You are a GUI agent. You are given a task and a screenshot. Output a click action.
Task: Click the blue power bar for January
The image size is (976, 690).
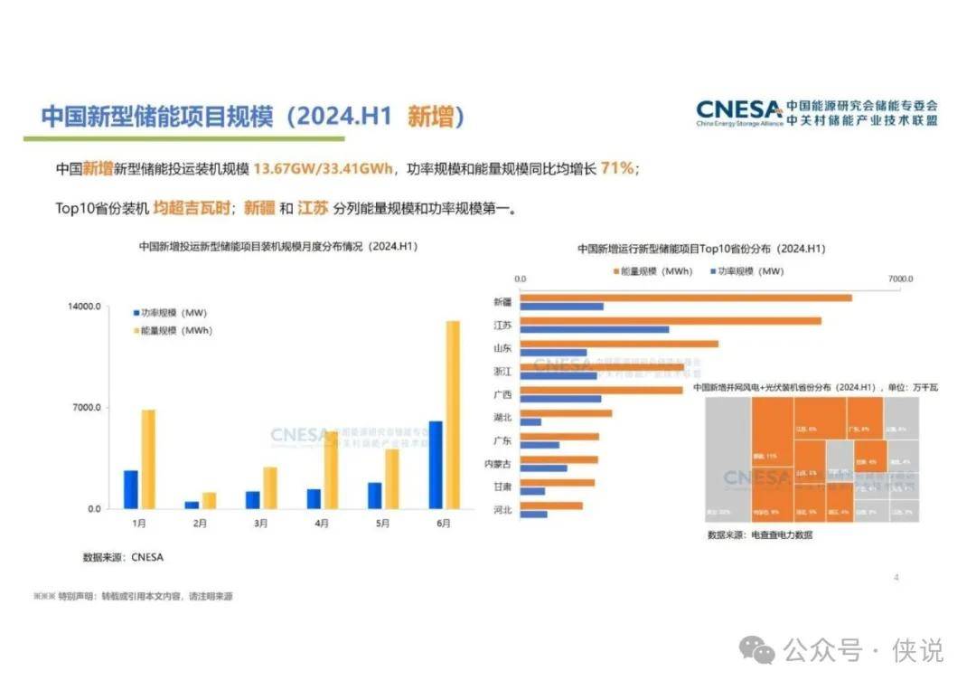[x=131, y=489]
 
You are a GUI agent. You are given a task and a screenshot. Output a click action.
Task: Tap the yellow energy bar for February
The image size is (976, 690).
[x=210, y=500]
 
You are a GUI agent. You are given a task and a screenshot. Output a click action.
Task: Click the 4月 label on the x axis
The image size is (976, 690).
[x=323, y=524]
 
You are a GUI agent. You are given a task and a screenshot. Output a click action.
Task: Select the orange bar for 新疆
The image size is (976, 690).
[x=686, y=297]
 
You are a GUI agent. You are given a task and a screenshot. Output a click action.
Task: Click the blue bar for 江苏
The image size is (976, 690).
[x=595, y=329]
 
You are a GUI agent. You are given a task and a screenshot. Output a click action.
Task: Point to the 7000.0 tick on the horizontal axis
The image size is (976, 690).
[x=900, y=279]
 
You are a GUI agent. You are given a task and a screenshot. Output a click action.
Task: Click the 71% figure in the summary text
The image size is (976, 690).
[x=618, y=169]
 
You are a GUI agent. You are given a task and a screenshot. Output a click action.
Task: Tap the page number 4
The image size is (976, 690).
[x=896, y=578]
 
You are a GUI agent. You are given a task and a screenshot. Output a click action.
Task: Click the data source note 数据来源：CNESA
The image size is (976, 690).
[x=123, y=557]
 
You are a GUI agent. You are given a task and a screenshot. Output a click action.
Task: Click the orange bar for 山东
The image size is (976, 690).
[x=619, y=344]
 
